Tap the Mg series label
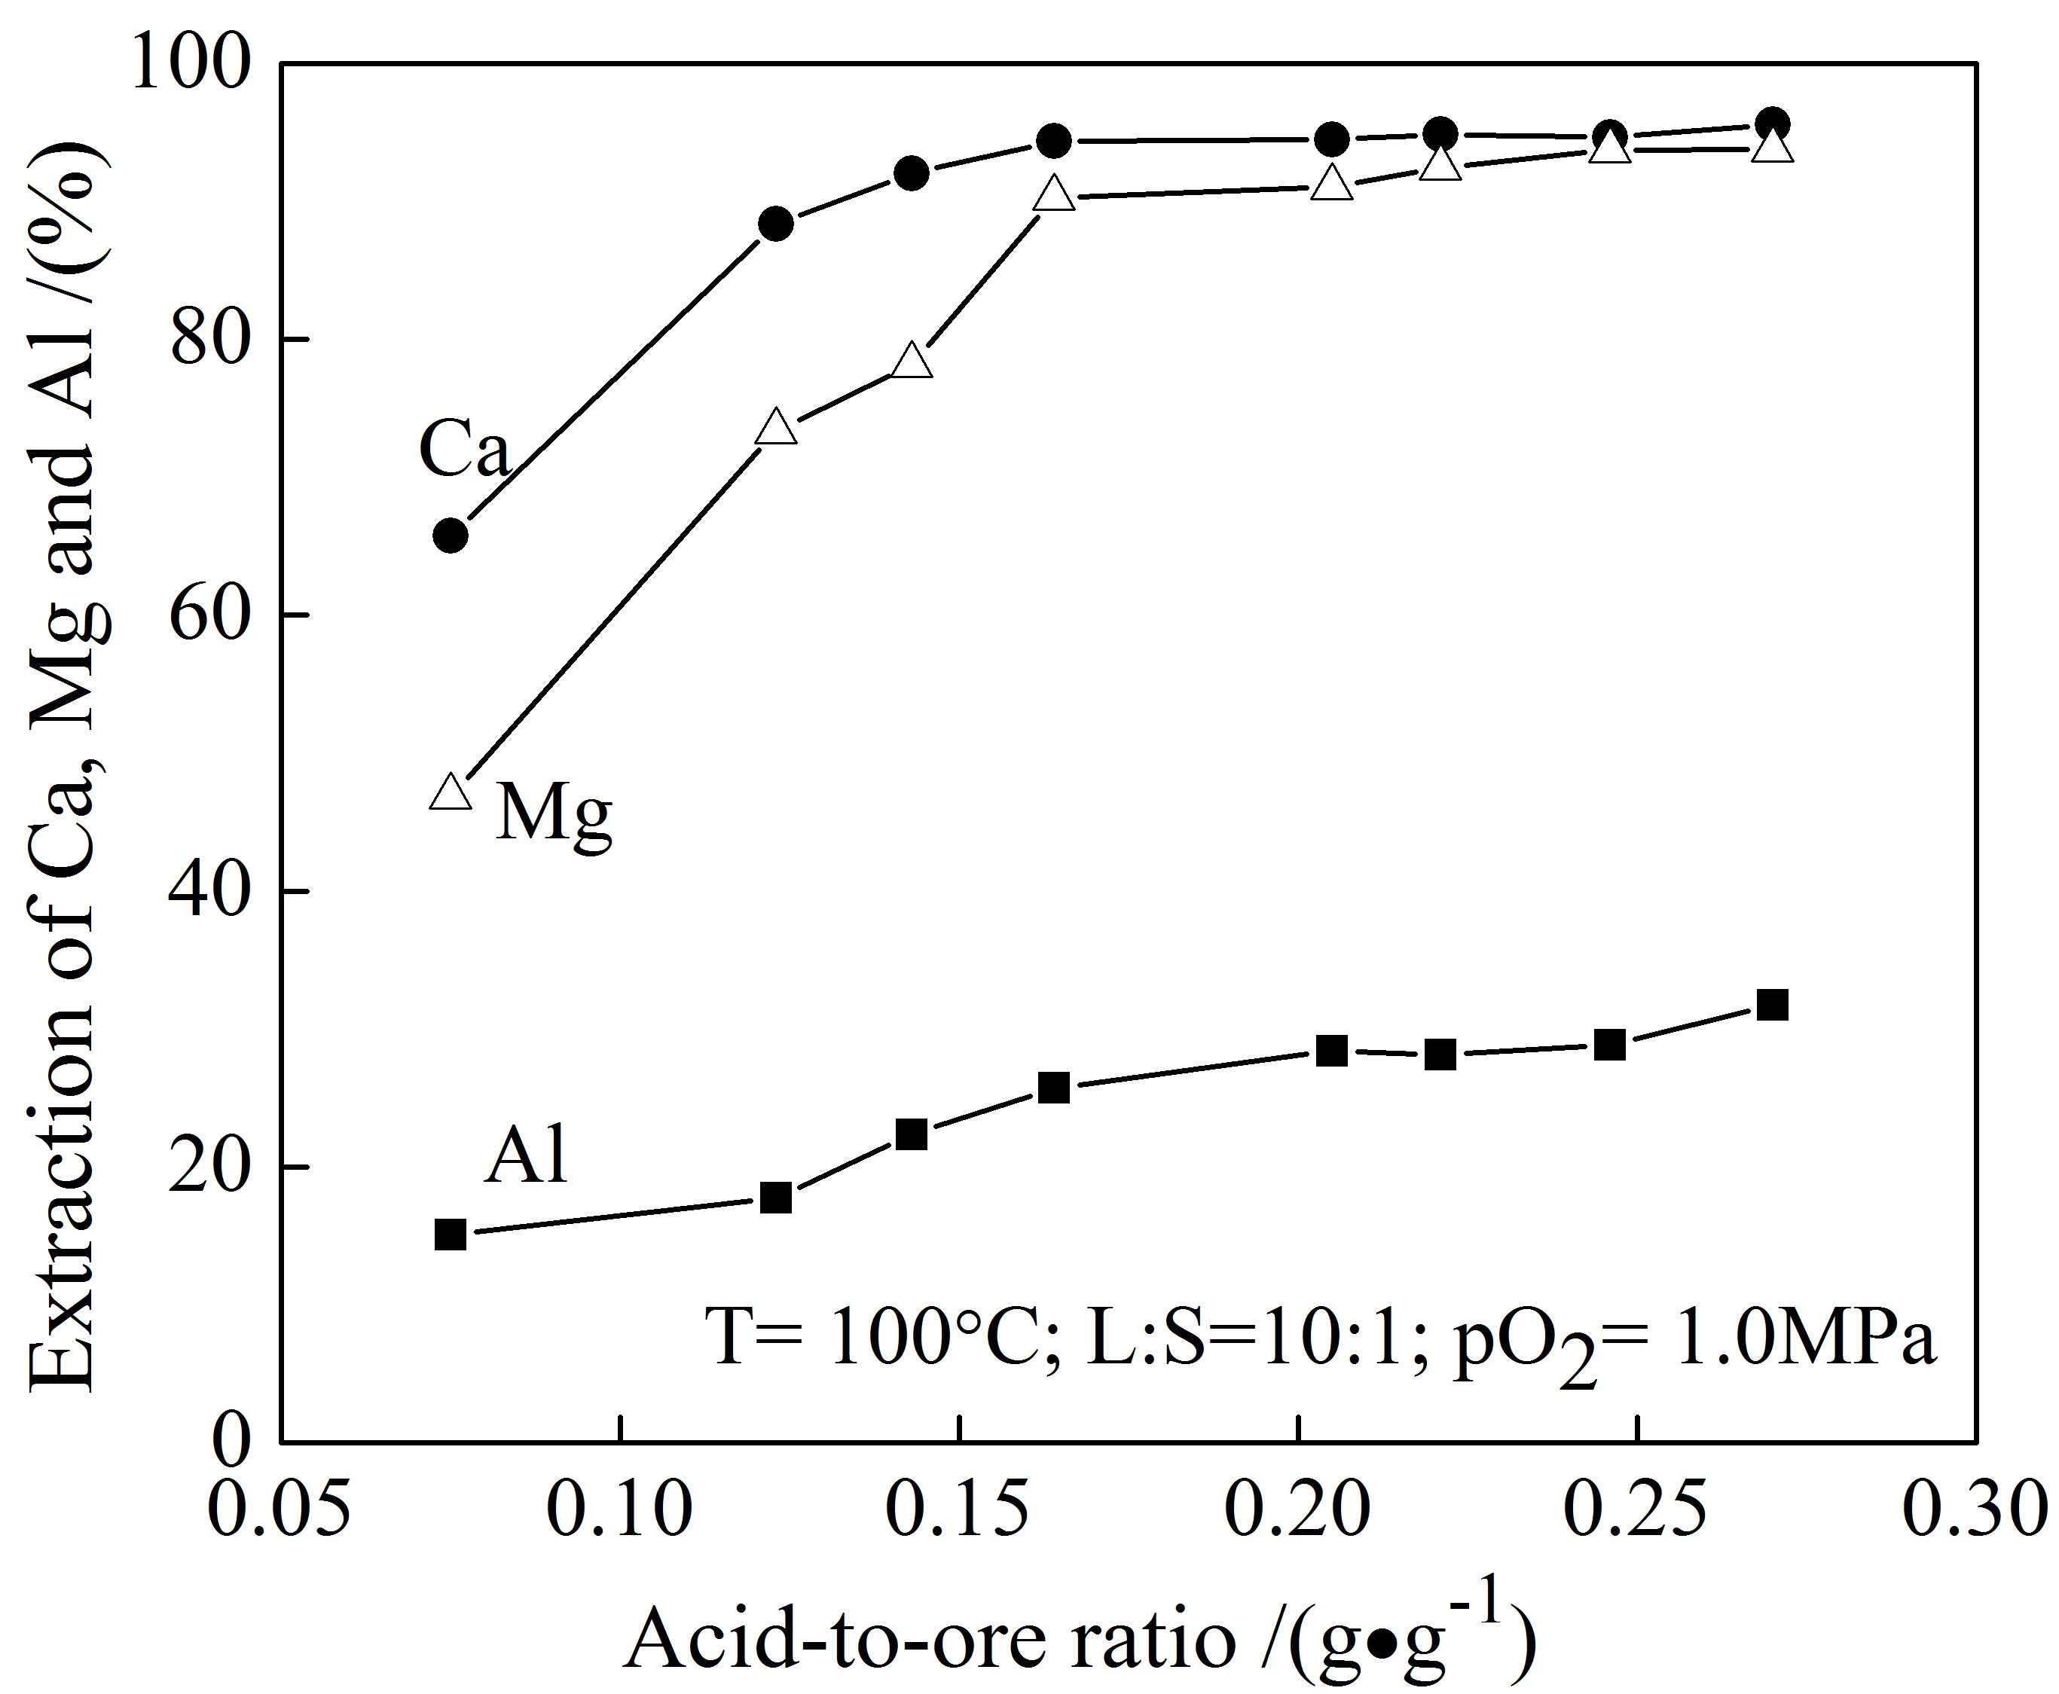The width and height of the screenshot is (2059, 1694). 553,813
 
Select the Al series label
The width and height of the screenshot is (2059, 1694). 526,1155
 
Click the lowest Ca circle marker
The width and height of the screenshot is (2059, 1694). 450,536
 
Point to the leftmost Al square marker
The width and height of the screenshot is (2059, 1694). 450,1235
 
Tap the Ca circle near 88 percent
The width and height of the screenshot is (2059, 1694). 776,224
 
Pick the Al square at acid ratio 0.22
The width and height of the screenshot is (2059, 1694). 1440,1055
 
